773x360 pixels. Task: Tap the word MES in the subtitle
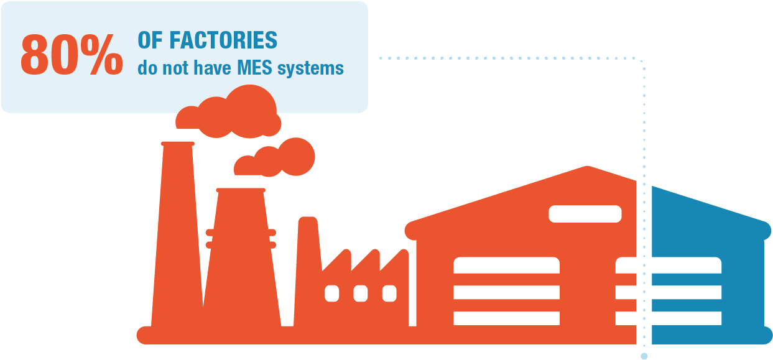click(255, 67)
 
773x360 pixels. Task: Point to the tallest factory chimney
click(177, 236)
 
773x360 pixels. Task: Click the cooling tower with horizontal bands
click(241, 261)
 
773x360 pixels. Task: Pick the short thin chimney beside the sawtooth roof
click(307, 261)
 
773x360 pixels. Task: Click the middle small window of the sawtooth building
click(360, 293)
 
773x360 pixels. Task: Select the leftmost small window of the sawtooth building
click(332, 293)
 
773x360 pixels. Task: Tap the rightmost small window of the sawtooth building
click(389, 293)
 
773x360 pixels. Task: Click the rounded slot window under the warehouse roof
click(585, 214)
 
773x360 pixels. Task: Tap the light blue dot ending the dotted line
click(644, 356)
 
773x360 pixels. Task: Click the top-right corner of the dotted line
click(641, 60)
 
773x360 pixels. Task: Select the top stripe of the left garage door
click(506, 265)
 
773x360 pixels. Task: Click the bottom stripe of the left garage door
click(506, 318)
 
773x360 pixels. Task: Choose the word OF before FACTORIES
click(148, 40)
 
